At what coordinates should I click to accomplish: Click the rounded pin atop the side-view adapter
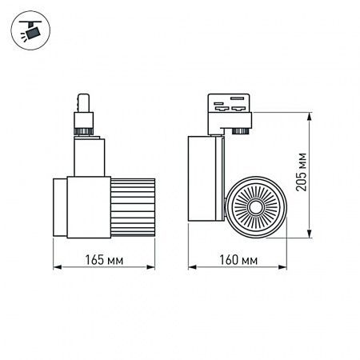[82, 103]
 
